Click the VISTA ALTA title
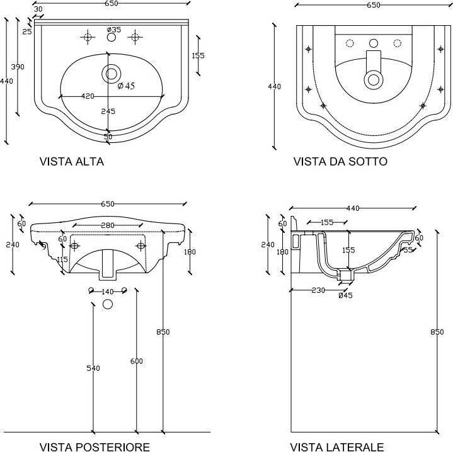tap(72, 161)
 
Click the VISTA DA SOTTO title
tap(340, 161)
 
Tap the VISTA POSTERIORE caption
tap(95, 447)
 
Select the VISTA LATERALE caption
tap(337, 447)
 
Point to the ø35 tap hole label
tap(114, 30)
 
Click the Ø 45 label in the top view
tap(126, 86)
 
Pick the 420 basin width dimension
tap(88, 96)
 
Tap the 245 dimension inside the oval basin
tap(108, 111)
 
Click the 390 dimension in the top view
tap(18, 67)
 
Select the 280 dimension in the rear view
tap(108, 225)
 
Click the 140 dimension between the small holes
tap(108, 291)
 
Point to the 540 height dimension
tap(93, 368)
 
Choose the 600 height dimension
tap(136, 361)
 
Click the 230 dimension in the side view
tap(318, 290)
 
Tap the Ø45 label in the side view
tap(345, 295)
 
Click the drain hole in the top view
tap(112, 74)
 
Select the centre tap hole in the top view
tap(112, 37)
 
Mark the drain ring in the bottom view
tap(373, 80)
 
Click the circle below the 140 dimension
tap(108, 304)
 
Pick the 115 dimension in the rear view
tap(62, 259)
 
